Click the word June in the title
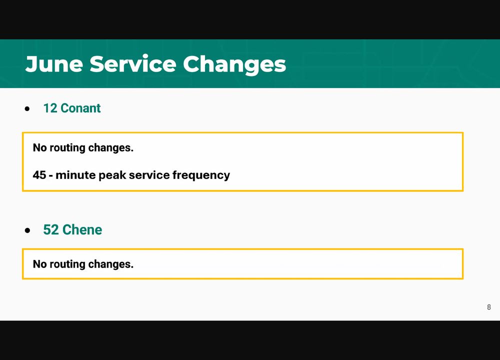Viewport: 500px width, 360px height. [x=54, y=64]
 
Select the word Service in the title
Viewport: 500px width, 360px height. [x=132, y=64]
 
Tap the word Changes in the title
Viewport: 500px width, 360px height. [x=234, y=65]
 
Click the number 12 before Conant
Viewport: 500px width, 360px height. [x=50, y=108]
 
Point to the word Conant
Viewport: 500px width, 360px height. [x=80, y=108]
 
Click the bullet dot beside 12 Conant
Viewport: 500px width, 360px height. [x=27, y=108]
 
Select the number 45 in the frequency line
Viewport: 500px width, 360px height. [x=39, y=174]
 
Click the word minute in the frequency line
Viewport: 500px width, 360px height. [x=75, y=174]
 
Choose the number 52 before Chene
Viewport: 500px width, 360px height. [x=51, y=229]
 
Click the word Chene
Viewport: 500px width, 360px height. [x=82, y=229]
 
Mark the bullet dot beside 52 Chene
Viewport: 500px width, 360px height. [x=27, y=230]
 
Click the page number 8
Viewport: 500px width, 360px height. [x=489, y=307]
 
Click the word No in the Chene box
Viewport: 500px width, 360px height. [x=39, y=264]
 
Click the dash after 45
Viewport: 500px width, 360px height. [x=51, y=175]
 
